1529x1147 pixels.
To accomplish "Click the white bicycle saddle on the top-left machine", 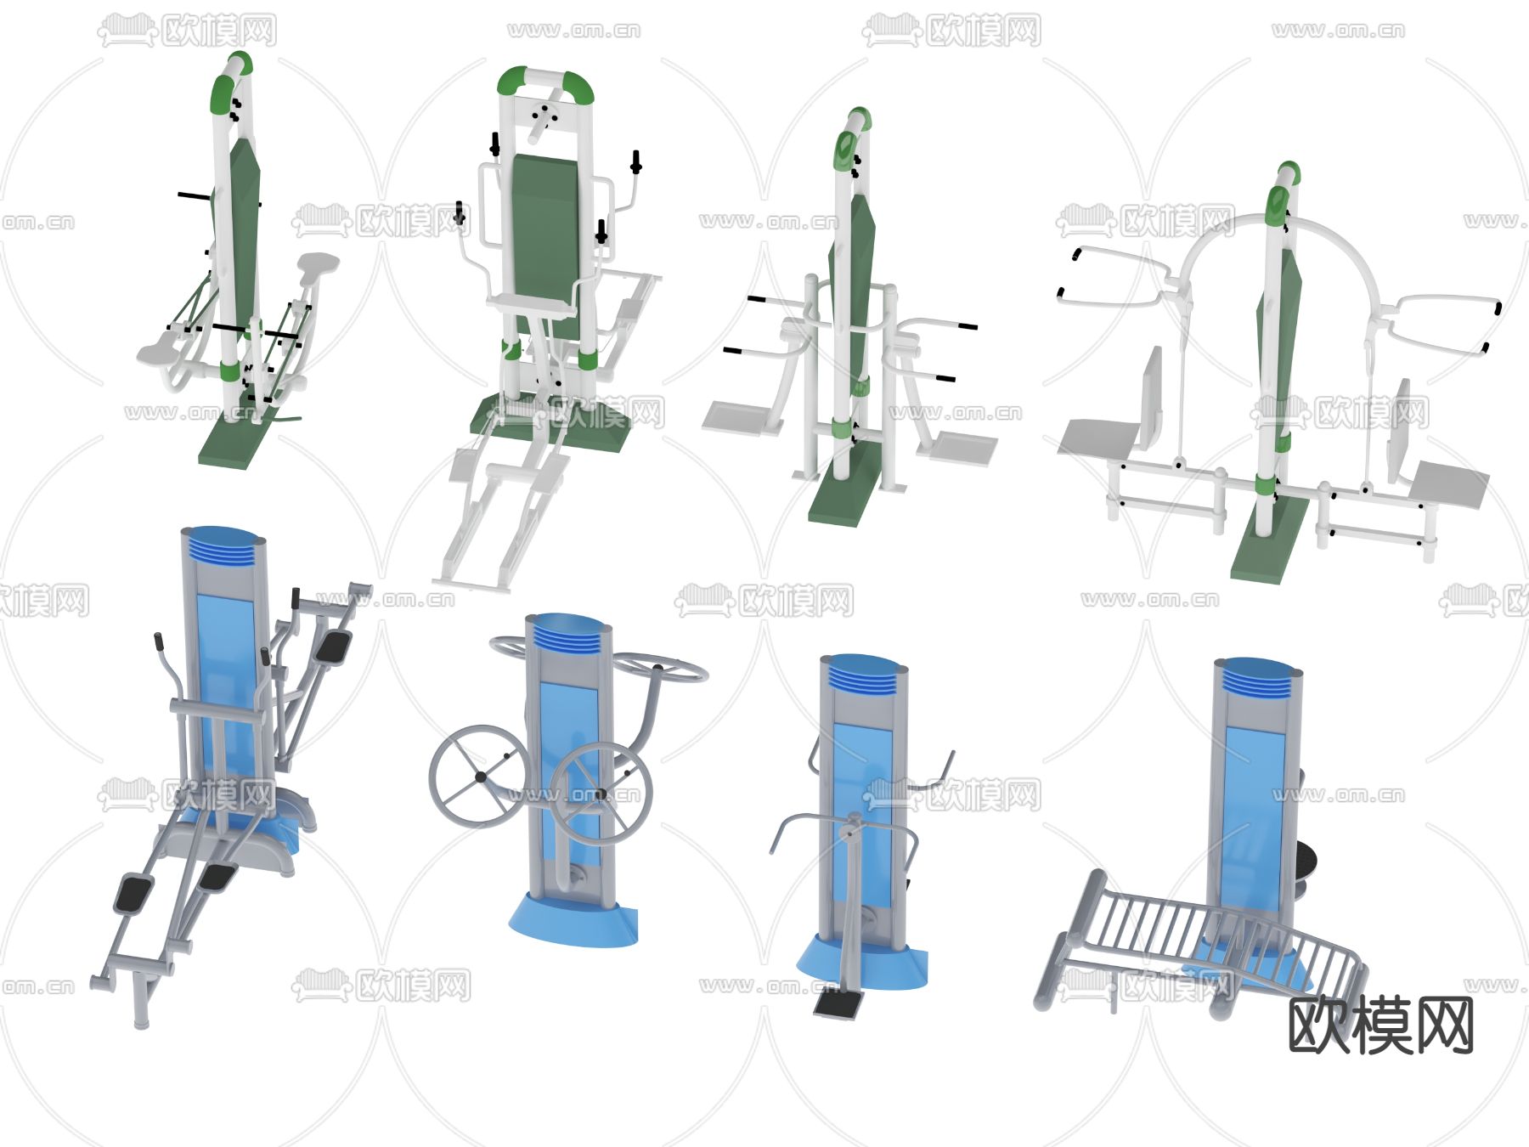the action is click(318, 265).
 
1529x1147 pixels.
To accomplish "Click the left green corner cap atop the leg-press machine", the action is click(512, 82).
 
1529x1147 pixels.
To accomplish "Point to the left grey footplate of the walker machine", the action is click(736, 416).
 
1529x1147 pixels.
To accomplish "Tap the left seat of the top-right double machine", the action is click(1097, 437).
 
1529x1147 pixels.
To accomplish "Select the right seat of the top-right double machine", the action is click(1449, 485).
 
